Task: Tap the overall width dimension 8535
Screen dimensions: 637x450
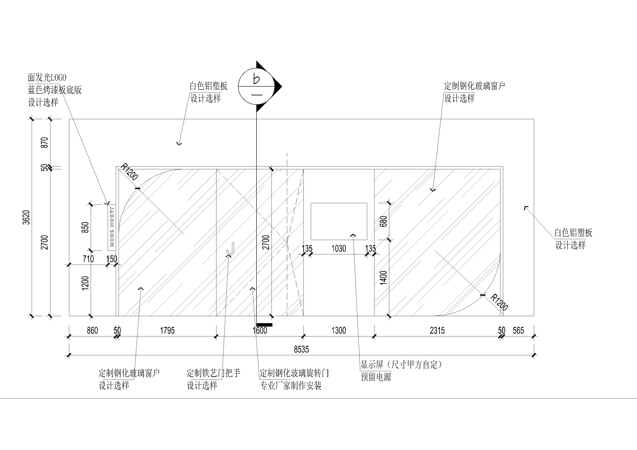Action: (301, 349)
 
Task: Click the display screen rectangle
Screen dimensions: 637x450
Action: (339, 221)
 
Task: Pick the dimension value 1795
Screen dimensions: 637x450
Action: (167, 330)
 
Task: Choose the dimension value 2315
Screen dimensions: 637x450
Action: (437, 330)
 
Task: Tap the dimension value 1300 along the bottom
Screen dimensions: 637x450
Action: (339, 330)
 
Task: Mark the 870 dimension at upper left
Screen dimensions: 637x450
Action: (45, 142)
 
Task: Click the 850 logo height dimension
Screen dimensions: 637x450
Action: (85, 227)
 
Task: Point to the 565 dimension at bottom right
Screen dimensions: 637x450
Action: (518, 330)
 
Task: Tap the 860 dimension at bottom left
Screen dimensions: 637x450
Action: (92, 330)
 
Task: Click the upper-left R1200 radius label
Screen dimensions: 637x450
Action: (129, 172)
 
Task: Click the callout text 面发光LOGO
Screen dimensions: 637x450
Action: (47, 78)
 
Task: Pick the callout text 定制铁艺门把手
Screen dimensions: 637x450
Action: (214, 373)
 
